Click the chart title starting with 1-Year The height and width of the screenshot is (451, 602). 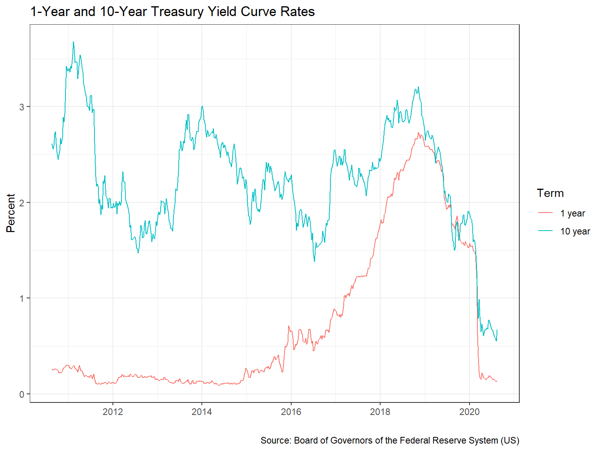coord(172,12)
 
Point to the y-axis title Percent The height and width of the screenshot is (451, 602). coord(11,213)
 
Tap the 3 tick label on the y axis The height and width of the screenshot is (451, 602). coord(22,107)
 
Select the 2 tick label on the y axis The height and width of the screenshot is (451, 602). coord(22,203)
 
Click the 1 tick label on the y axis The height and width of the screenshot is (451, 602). coord(22,298)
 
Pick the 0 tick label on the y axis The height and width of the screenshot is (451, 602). coord(22,394)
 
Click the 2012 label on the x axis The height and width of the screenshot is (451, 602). coord(113,411)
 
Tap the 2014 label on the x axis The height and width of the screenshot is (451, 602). coord(201,411)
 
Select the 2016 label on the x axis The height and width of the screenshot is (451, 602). coord(291,411)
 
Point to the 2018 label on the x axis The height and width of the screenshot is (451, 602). coord(380,411)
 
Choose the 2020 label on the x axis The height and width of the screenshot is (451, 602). coord(469,411)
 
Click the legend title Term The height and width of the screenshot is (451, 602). coord(550,193)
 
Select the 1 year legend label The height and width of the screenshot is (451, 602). coord(572,213)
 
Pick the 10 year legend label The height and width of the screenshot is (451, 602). coord(575,231)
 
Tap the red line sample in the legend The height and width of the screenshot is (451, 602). coord(545,213)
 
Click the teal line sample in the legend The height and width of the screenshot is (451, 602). coord(545,231)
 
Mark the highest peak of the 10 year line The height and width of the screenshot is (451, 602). coord(73,42)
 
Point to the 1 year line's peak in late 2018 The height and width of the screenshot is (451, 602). coord(418,133)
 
